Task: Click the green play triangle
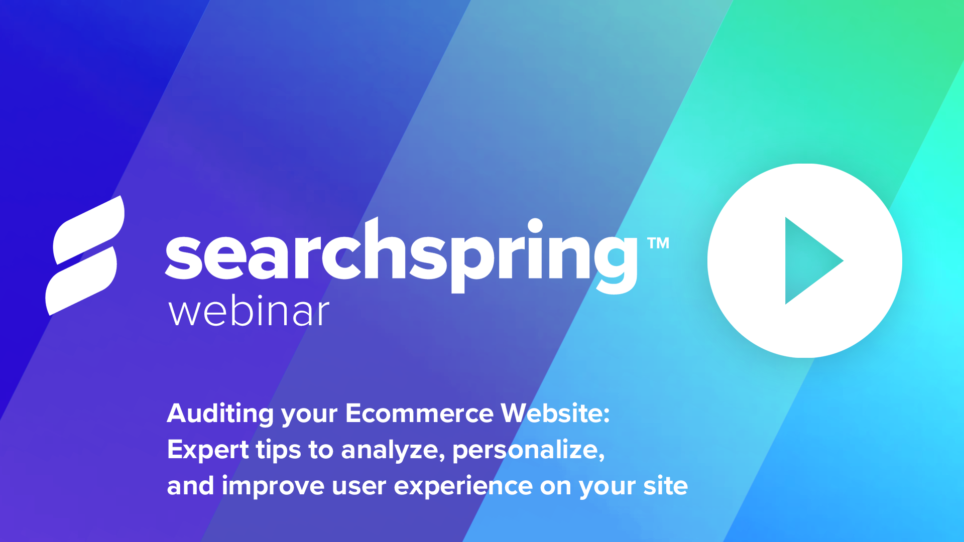tap(808, 260)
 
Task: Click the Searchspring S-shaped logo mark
tap(85, 256)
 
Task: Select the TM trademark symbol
tap(658, 244)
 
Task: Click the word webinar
tap(249, 312)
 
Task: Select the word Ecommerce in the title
tap(419, 414)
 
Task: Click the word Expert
tap(207, 450)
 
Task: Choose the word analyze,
tap(393, 450)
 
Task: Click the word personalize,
tap(528, 450)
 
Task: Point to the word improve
tap(273, 486)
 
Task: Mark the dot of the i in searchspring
tap(535, 225)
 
